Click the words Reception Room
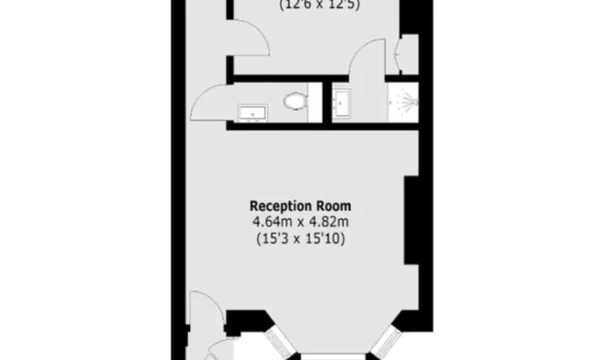point(301,205)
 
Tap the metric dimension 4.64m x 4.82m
point(301,222)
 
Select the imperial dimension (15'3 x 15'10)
point(301,238)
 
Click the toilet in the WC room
point(295,100)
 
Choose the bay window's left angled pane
point(280,343)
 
